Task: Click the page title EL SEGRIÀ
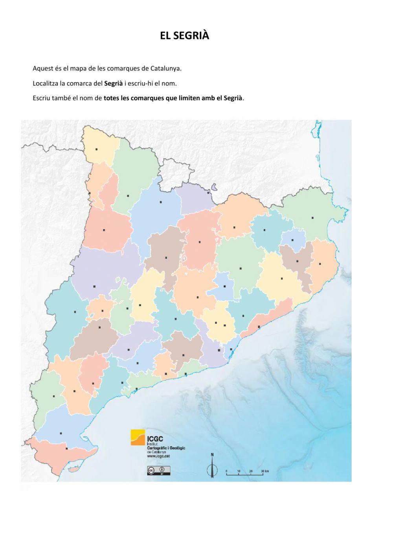click(185, 36)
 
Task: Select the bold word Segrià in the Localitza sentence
click(113, 83)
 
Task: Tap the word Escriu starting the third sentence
click(41, 98)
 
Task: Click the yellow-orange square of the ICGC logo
click(138, 437)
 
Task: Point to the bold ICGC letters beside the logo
click(155, 439)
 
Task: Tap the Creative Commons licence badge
click(158, 470)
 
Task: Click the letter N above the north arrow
click(212, 455)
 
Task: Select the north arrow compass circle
click(212, 470)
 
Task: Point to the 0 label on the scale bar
click(226, 471)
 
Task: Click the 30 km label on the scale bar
click(264, 471)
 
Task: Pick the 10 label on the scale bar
click(239, 471)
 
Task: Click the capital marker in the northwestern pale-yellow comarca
click(97, 149)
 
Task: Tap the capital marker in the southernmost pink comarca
click(66, 449)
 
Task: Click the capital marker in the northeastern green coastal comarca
click(312, 218)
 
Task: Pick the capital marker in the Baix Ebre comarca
click(61, 433)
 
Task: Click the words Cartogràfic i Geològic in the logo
click(165, 448)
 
